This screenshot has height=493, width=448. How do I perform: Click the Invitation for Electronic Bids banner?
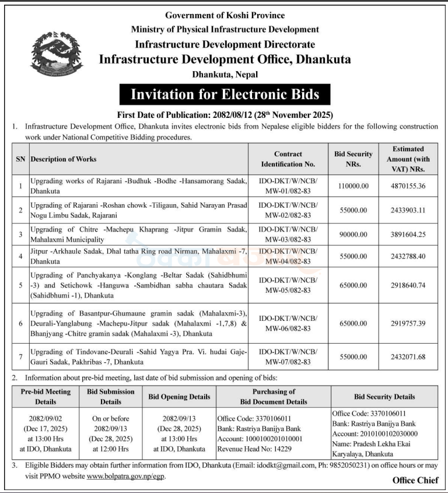pos(225,94)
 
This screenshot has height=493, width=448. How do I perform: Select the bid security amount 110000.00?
pos(353,186)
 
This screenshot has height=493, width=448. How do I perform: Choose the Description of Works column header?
pos(64,159)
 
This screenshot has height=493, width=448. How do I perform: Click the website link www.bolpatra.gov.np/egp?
pos(125,476)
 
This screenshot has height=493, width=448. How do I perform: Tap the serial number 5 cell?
pos(20,285)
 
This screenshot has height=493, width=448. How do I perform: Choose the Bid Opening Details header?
pos(179,397)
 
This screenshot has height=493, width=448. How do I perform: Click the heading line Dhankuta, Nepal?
pos(225,74)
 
